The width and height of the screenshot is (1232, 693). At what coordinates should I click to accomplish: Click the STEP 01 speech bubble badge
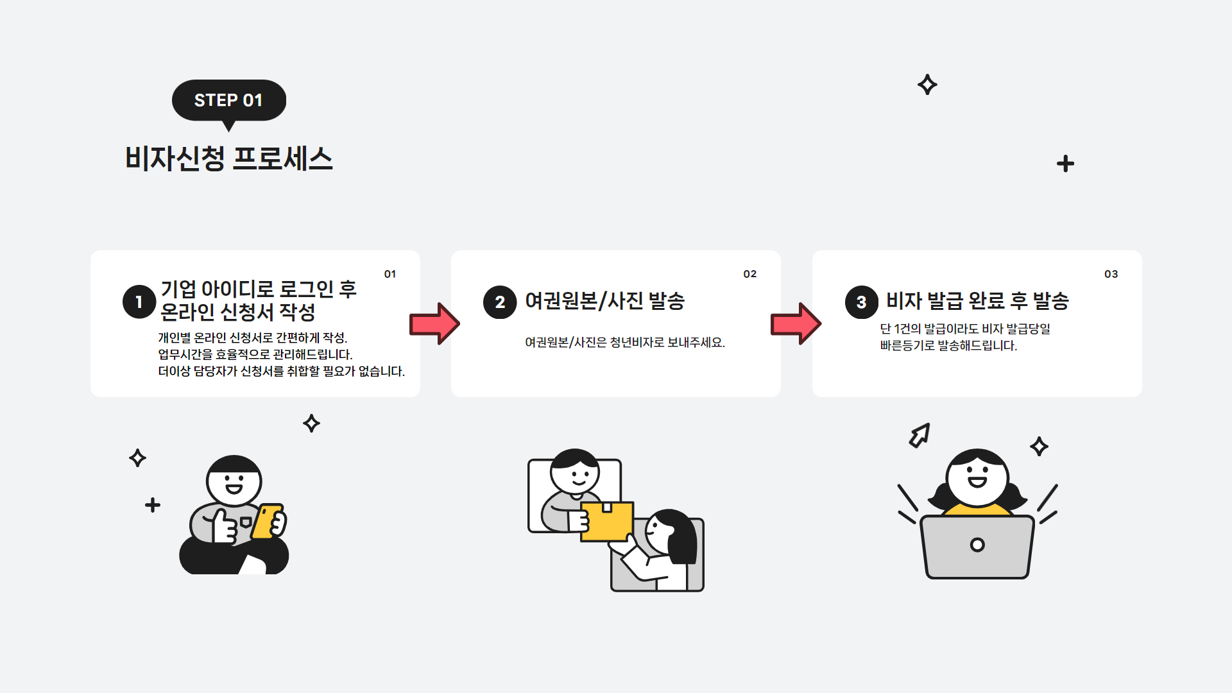click(x=228, y=100)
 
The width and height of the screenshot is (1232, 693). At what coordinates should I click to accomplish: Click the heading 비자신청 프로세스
click(x=229, y=158)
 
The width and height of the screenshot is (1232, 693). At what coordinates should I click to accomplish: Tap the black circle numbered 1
click(x=139, y=302)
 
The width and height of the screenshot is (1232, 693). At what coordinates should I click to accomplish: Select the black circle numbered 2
click(x=500, y=302)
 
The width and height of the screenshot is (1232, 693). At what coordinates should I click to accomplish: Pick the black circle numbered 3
click(x=861, y=302)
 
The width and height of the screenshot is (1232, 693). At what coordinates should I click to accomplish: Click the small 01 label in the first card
click(x=390, y=274)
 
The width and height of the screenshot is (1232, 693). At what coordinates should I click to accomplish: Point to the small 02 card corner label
click(x=750, y=274)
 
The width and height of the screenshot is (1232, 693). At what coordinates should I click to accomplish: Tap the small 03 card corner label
click(x=1111, y=274)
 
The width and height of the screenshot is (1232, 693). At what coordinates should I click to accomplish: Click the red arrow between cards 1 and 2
click(x=434, y=323)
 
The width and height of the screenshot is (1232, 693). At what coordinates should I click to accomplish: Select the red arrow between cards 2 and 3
click(x=796, y=323)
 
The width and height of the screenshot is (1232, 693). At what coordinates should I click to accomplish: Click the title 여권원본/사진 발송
click(x=604, y=301)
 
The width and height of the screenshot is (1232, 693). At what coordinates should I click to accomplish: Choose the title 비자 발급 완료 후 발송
click(x=977, y=301)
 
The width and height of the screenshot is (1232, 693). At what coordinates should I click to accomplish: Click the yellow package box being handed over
click(x=606, y=521)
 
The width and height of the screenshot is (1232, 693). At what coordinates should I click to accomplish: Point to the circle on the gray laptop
click(x=977, y=545)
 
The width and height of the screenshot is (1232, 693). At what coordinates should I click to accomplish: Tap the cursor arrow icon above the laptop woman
click(x=920, y=436)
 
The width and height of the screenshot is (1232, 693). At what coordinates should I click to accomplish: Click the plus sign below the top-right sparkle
click(x=1065, y=164)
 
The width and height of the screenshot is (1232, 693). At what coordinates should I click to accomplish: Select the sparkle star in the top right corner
click(x=927, y=85)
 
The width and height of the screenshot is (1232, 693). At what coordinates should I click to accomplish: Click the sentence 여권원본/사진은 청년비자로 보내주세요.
click(x=624, y=343)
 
